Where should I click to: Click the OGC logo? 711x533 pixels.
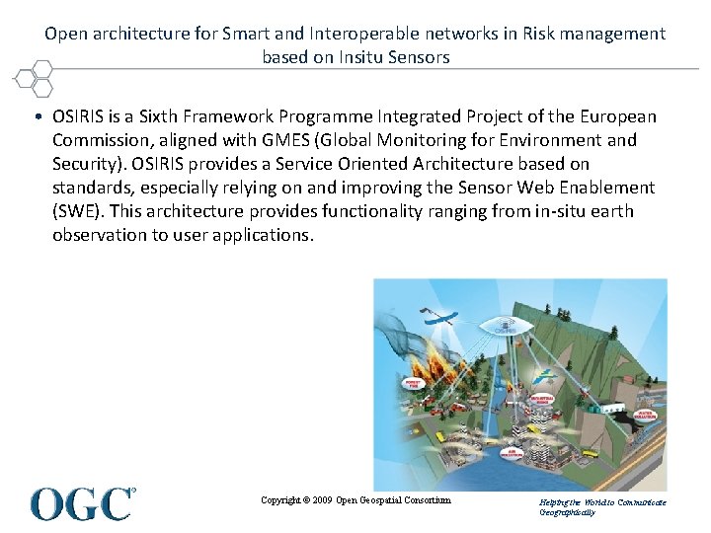coord(83,503)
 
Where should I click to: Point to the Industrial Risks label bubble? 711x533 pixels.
coord(541,399)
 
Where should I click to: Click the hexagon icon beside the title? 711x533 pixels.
coord(37,76)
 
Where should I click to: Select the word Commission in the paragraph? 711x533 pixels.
coord(100,140)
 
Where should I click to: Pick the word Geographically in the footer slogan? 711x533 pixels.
coord(568,513)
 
